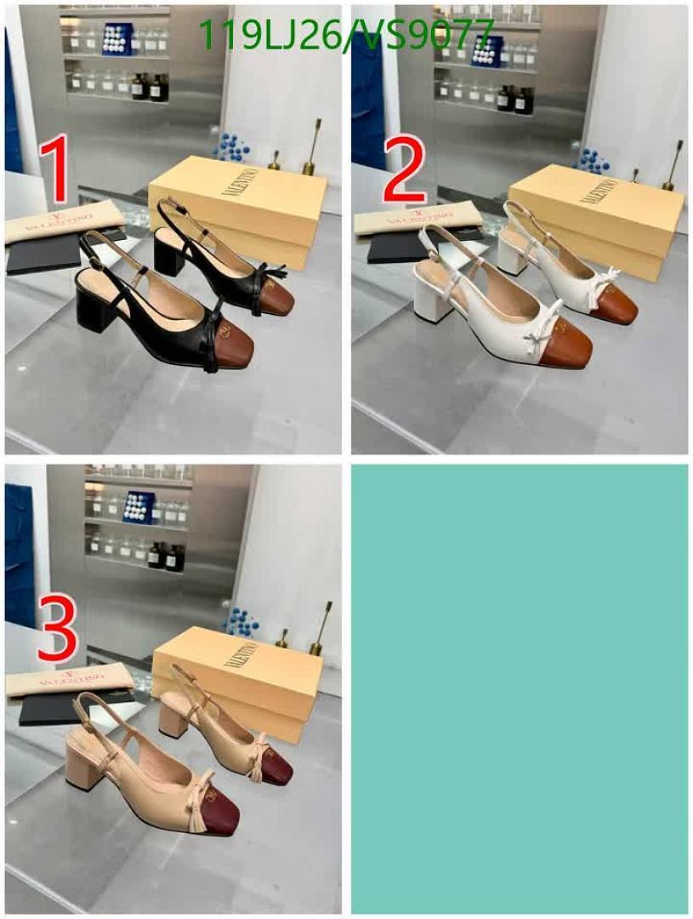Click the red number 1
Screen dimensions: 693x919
(x=56, y=168)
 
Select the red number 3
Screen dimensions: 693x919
(x=58, y=626)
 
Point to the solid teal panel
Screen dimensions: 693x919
(x=520, y=688)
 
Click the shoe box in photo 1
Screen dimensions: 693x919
(x=238, y=208)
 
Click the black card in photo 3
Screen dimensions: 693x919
(x=48, y=709)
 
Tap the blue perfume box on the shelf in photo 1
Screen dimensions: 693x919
(x=116, y=39)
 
